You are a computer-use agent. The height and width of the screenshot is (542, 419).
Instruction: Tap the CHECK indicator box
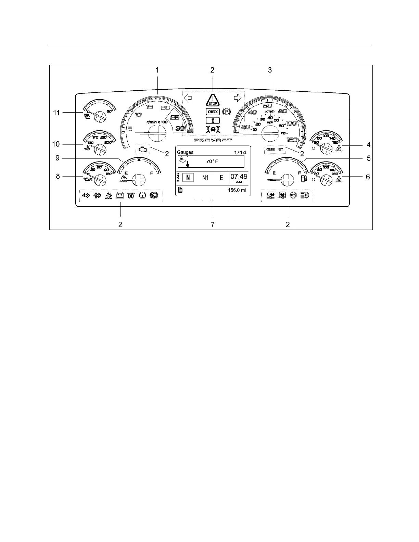pyautogui.click(x=213, y=112)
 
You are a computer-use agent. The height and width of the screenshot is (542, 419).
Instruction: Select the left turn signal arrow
pyautogui.click(x=188, y=98)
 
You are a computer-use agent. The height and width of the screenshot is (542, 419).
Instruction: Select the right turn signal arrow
pyautogui.click(x=238, y=98)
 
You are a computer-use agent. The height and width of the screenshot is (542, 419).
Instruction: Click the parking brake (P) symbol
pyautogui.click(x=226, y=112)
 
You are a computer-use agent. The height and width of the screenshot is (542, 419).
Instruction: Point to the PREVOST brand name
pyautogui.click(x=213, y=140)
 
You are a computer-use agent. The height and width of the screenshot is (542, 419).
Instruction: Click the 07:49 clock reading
pyautogui.click(x=239, y=177)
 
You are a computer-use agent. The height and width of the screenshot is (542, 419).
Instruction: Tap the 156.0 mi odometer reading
pyautogui.click(x=237, y=191)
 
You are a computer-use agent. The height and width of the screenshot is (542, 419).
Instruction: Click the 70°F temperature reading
pyautogui.click(x=212, y=162)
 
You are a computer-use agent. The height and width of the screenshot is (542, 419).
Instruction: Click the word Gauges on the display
pyautogui.click(x=185, y=152)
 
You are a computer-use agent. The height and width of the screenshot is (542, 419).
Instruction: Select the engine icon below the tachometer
pyautogui.click(x=142, y=149)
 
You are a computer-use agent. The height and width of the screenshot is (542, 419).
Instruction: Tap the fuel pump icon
pyautogui.click(x=303, y=178)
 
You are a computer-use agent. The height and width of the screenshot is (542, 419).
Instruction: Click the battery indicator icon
pyautogui.click(x=120, y=196)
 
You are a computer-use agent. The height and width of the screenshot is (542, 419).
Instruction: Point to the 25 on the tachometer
pyautogui.click(x=175, y=118)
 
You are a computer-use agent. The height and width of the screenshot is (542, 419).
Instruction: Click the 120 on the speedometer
pyautogui.click(x=292, y=140)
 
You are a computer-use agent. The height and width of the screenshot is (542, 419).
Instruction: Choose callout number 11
pyautogui.click(x=56, y=112)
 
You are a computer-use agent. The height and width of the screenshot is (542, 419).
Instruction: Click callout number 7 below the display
pyautogui.click(x=213, y=224)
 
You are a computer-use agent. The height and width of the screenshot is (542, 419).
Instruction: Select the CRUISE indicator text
pyautogui.click(x=270, y=150)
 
